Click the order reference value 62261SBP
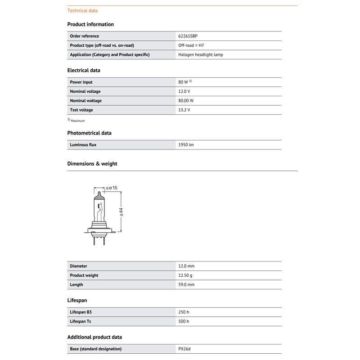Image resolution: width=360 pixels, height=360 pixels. pyautogui.click(x=188, y=36)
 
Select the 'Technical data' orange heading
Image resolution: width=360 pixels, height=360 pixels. pyautogui.click(x=82, y=10)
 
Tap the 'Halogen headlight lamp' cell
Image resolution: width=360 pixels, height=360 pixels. pyautogui.click(x=201, y=54)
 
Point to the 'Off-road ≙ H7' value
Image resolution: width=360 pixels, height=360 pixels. pyautogui.click(x=191, y=45)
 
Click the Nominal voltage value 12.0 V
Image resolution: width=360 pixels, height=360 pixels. pyautogui.click(x=184, y=91)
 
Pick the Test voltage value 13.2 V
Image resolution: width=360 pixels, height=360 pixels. pyautogui.click(x=184, y=110)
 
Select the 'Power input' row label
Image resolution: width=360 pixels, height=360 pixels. pyautogui.click(x=81, y=82)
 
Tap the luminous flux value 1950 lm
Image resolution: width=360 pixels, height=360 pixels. pyautogui.click(x=186, y=145)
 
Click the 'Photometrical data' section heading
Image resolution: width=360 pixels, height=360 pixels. pyautogui.click(x=89, y=133)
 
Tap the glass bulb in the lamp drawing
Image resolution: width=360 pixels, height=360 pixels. pyautogui.click(x=99, y=207)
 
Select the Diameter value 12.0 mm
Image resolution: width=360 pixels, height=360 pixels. pyautogui.click(x=186, y=266)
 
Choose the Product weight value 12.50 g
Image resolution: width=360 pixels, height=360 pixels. pyautogui.click(x=185, y=275)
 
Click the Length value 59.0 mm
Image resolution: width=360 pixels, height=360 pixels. pyautogui.click(x=186, y=285)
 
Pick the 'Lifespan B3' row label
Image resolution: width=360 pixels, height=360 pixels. pyautogui.click(x=81, y=312)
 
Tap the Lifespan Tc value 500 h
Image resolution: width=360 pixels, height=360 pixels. pyautogui.click(x=184, y=321)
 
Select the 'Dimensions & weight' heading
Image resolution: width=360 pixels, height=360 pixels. pyautogui.click(x=92, y=164)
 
